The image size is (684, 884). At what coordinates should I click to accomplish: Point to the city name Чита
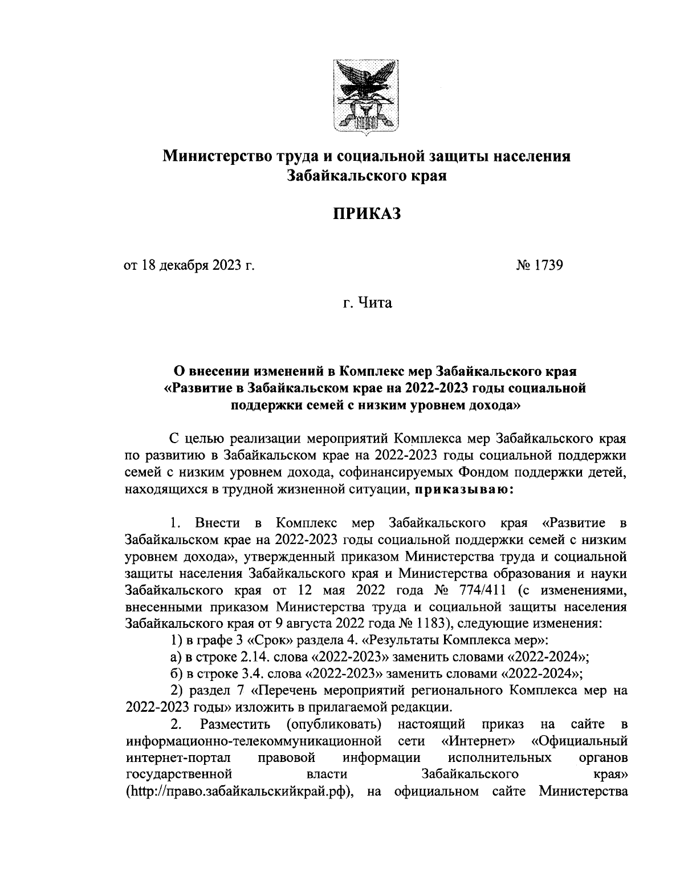376,303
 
